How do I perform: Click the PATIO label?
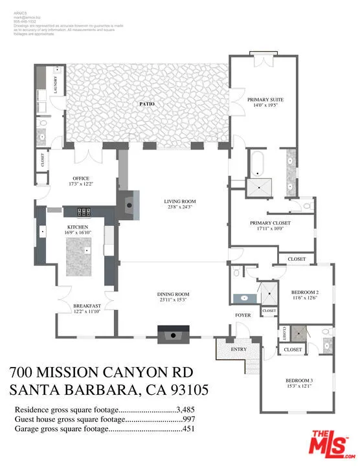(x=146, y=104)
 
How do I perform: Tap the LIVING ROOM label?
(x=179, y=201)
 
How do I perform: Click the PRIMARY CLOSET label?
(x=270, y=223)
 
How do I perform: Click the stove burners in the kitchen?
(x=85, y=211)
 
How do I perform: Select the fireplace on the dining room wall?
(x=173, y=335)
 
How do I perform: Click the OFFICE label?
(x=81, y=179)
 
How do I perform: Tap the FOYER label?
(x=242, y=315)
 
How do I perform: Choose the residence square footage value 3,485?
(x=185, y=410)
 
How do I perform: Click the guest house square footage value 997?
(x=190, y=419)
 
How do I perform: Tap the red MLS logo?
(x=328, y=445)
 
